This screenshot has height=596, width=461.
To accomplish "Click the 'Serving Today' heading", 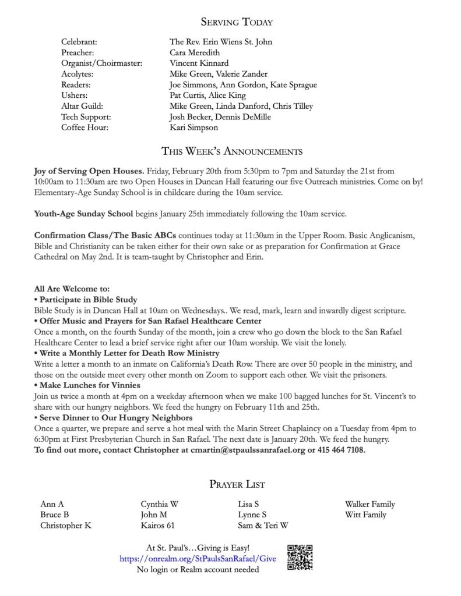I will pos(237,22).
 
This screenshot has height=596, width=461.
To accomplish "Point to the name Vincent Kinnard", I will pos(199,63).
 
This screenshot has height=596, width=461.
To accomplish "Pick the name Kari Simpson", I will pos(193,127).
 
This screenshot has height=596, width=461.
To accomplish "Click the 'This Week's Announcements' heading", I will pos(231,152).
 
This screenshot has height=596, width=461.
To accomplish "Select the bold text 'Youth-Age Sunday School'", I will pos(84,214).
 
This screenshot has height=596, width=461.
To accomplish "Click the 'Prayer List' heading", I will pos(237,484).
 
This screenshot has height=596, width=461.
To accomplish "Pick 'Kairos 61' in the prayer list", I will pos(157,525).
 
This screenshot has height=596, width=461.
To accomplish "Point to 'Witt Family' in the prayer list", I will pos(365,515).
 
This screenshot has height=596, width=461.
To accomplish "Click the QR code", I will pos(300,558).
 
